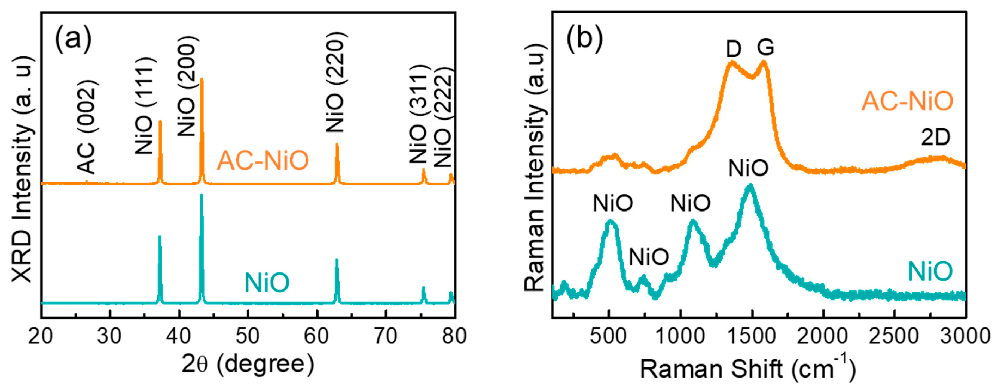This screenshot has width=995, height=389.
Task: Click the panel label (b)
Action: pyautogui.click(x=584, y=39)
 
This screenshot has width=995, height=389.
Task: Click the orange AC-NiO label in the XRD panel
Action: pyautogui.click(x=263, y=160)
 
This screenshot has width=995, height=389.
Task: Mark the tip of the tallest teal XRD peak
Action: pyautogui.click(x=201, y=195)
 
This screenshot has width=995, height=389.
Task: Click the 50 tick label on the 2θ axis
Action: pyautogui.click(x=248, y=336)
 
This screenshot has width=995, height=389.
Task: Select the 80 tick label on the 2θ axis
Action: pyautogui.click(x=454, y=336)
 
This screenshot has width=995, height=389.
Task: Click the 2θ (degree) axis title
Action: pyautogui.click(x=248, y=364)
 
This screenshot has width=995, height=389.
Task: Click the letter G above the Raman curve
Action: pyautogui.click(x=765, y=48)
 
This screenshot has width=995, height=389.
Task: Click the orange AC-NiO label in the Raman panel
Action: pyautogui.click(x=907, y=101)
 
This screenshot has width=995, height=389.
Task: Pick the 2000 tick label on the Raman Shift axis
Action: pyautogui.click(x=822, y=336)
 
